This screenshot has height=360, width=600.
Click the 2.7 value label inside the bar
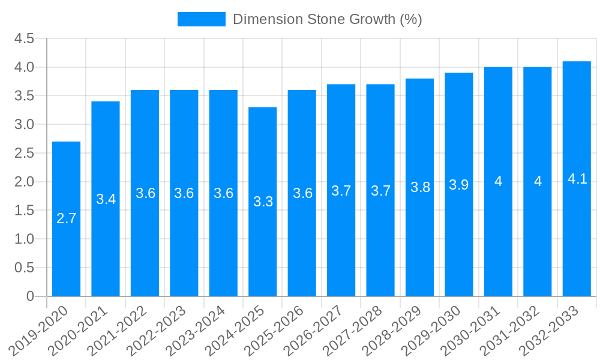(x=66, y=219)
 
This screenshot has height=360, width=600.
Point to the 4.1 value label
(x=577, y=179)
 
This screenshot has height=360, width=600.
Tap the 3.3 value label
(x=263, y=202)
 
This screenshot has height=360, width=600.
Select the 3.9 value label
(x=459, y=185)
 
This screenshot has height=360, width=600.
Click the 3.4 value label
(x=106, y=199)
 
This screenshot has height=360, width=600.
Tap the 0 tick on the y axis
(x=31, y=296)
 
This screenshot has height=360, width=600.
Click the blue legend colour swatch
(x=202, y=19)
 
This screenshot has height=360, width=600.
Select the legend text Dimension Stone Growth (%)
(x=328, y=19)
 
